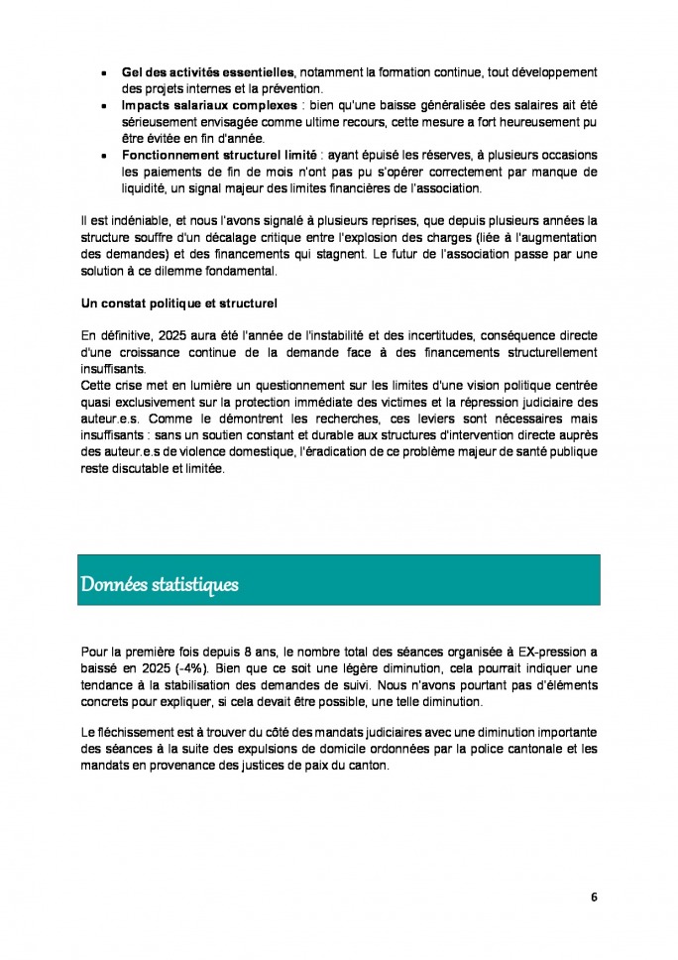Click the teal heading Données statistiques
tap(160, 584)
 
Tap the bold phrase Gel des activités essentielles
tap(208, 72)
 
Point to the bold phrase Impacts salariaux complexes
tap(209, 105)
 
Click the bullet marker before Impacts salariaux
tap(103, 105)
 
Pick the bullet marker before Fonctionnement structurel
tap(103, 155)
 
